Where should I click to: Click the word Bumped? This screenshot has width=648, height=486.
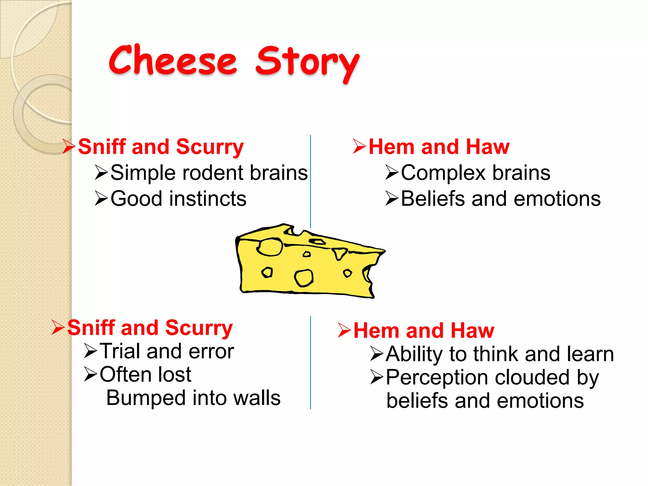[146, 398]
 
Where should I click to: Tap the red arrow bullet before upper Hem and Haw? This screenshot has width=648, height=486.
[359, 146]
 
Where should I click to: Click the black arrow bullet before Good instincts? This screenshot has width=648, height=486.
[102, 199]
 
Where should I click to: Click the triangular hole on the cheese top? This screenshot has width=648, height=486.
[340, 253]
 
